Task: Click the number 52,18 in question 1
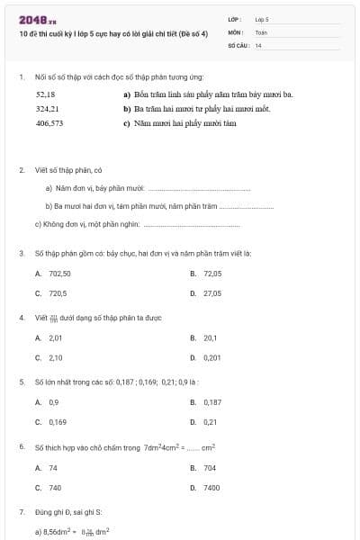pos(45,94)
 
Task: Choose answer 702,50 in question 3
pos(59,273)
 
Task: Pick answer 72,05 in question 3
pos(212,273)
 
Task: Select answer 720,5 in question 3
pos(58,293)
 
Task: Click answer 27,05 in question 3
pos(212,293)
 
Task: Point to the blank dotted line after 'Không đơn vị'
pos(175,225)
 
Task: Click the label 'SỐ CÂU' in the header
pos(238,44)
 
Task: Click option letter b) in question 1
pos(127,109)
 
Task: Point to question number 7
pos(21,512)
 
